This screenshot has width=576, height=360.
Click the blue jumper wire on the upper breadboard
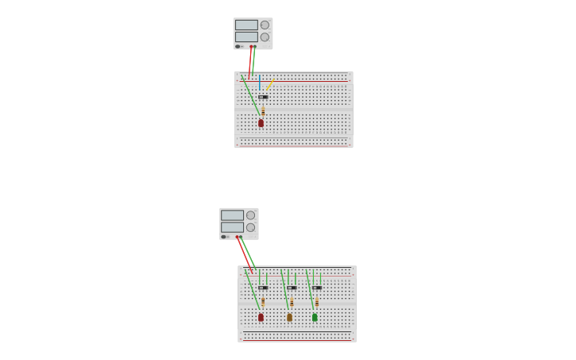pyautogui.click(x=259, y=83)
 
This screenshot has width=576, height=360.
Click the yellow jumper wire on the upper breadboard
pyautogui.click(x=269, y=84)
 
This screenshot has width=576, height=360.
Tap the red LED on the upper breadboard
pyautogui.click(x=261, y=123)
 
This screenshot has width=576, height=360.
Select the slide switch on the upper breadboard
pyautogui.click(x=263, y=97)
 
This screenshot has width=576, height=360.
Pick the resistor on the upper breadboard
pyautogui.click(x=263, y=111)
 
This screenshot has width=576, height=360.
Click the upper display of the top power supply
pyautogui.click(x=246, y=25)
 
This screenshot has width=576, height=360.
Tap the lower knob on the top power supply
pyautogui.click(x=265, y=37)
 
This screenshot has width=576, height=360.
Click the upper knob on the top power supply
pyautogui.click(x=265, y=25)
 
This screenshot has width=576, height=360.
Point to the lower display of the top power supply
pyautogui.click(x=246, y=37)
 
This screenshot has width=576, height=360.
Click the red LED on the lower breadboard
pyautogui.click(x=261, y=317)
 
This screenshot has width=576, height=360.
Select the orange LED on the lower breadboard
pyautogui.click(x=289, y=317)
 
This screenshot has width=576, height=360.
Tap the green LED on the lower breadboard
pyautogui.click(x=315, y=317)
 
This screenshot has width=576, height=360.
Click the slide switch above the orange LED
pyautogui.click(x=292, y=288)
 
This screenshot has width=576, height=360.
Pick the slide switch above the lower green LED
pyautogui.click(x=317, y=288)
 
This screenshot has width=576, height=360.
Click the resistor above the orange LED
pyautogui.click(x=292, y=303)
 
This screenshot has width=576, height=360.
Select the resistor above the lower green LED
pyautogui.click(x=317, y=303)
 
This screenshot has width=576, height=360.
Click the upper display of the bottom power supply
pyautogui.click(x=232, y=215)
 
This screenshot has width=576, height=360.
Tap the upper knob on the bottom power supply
pyautogui.click(x=250, y=215)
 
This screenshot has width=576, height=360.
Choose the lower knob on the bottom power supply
pyautogui.click(x=250, y=227)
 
